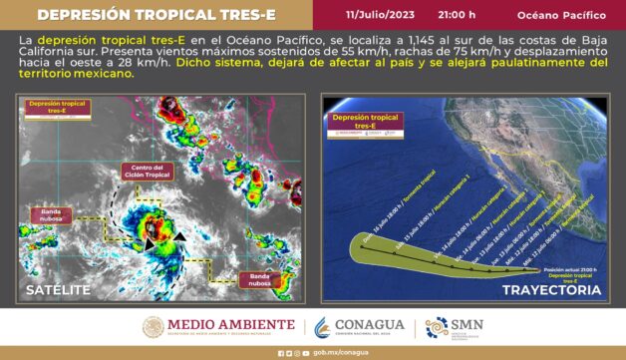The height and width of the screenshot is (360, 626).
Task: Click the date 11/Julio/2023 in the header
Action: tap(380, 15)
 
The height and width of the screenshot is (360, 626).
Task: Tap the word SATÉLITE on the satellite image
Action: tap(58, 290)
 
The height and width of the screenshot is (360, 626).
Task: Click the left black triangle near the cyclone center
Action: tap(150, 240)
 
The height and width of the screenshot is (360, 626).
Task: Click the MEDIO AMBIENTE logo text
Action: tap(218, 325)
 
